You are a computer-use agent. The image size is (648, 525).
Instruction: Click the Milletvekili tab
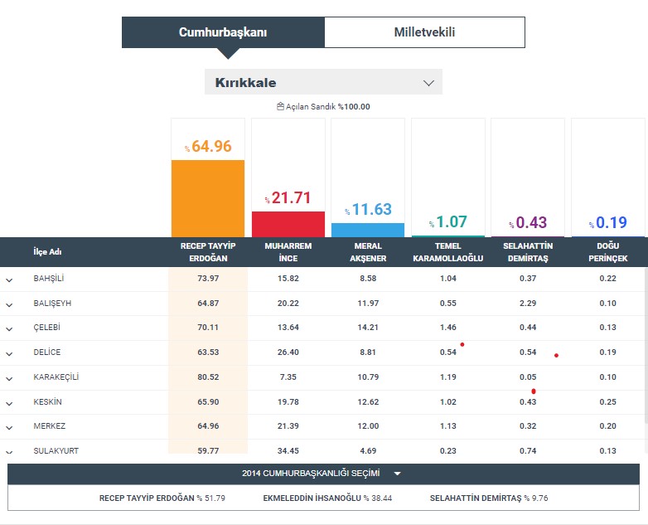(x=424, y=32)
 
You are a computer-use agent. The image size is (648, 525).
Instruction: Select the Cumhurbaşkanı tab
(x=223, y=32)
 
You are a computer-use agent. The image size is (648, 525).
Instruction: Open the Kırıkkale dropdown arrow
(x=428, y=83)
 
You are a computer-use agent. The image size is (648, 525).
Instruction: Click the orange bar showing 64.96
(x=208, y=197)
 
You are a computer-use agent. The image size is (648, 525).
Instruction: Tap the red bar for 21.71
(x=288, y=224)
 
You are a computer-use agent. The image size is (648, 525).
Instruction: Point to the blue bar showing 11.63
(x=368, y=230)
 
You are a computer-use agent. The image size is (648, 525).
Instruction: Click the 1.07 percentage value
(x=452, y=221)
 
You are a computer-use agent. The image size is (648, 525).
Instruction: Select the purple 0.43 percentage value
(x=531, y=222)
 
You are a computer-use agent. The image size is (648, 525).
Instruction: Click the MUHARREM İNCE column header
(x=288, y=252)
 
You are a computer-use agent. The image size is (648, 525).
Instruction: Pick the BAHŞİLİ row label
(x=49, y=279)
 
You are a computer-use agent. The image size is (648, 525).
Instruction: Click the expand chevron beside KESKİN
(x=9, y=403)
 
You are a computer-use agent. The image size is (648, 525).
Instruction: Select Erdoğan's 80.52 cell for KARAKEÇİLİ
(x=208, y=377)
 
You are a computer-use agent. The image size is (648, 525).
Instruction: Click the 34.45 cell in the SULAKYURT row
(x=288, y=451)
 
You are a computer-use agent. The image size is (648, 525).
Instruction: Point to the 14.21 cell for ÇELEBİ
(x=368, y=328)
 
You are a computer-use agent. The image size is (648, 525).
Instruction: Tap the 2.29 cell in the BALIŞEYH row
(x=527, y=304)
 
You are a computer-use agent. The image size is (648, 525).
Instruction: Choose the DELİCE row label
(x=47, y=352)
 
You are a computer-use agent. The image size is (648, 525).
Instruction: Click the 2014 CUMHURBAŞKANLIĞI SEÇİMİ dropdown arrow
(x=398, y=474)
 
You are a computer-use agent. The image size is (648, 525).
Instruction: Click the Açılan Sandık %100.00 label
(x=324, y=106)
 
